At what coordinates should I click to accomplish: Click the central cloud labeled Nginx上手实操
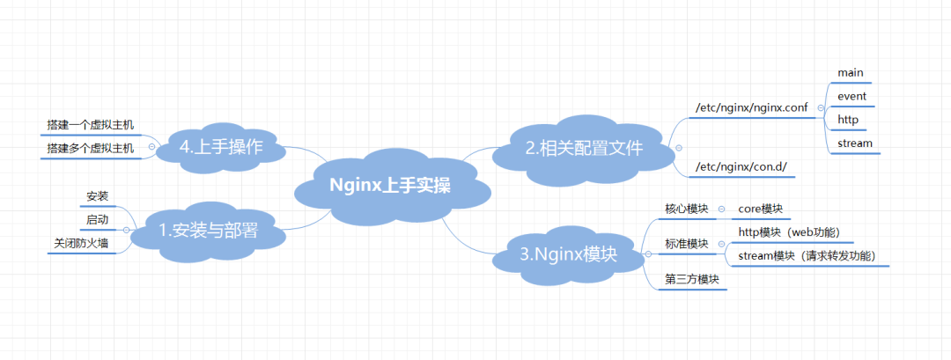[x=390, y=186]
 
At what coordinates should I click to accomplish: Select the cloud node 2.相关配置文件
[x=585, y=149]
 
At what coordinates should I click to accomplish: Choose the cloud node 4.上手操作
[x=221, y=147]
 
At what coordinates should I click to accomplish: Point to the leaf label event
[x=852, y=96]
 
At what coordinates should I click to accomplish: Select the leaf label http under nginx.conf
[x=848, y=120]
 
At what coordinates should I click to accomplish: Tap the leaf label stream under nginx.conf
[x=855, y=143]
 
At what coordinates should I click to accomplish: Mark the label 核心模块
[x=687, y=209]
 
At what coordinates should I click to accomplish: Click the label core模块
[x=760, y=209]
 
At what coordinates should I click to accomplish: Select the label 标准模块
[x=687, y=244]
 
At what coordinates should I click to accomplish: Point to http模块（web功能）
[x=789, y=232]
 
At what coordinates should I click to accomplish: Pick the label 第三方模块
[x=692, y=280]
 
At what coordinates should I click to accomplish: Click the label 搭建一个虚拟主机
[x=91, y=125]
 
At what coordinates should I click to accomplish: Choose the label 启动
[x=98, y=218]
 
